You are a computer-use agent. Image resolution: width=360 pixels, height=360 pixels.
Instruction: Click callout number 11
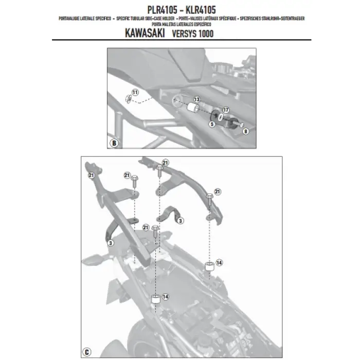[x=135, y=92]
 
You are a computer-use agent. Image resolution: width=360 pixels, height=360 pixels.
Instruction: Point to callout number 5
[x=212, y=124]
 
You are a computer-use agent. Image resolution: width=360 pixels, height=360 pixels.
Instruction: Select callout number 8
[x=245, y=132]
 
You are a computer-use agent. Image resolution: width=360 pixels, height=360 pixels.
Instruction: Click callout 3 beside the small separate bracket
[x=179, y=220]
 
